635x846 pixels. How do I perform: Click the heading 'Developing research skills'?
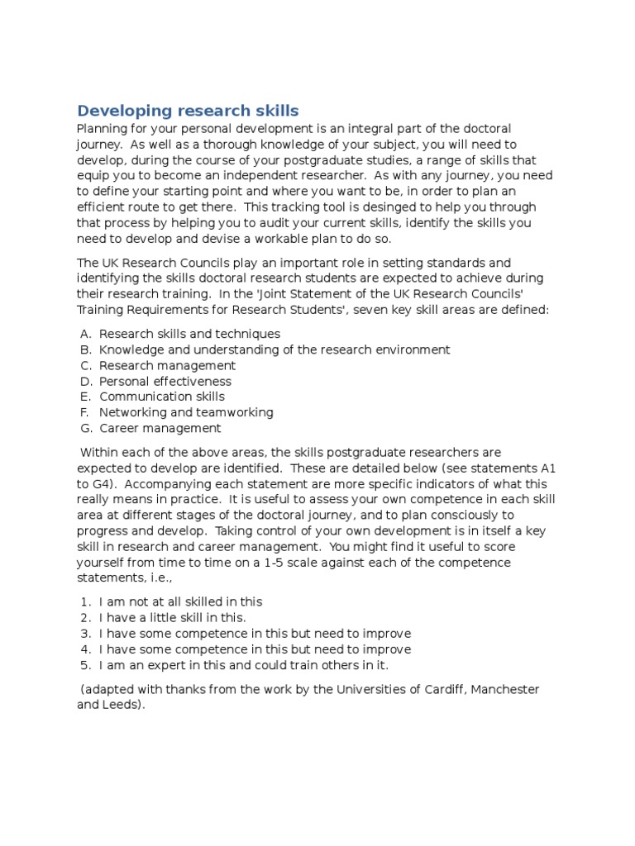(x=188, y=111)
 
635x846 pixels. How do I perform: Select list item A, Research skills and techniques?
(x=189, y=334)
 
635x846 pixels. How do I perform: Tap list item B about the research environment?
(x=275, y=349)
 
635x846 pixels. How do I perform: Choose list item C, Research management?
(x=167, y=365)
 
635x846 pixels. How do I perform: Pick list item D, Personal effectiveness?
(x=165, y=381)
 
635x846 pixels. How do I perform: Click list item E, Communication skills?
(x=162, y=397)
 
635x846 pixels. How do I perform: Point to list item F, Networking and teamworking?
(x=186, y=412)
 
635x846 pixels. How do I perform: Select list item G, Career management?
(x=160, y=428)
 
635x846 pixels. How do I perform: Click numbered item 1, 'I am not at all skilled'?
(x=180, y=601)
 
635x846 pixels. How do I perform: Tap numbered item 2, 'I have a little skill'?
(x=173, y=617)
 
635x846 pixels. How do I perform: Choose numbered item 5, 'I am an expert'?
(x=243, y=664)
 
